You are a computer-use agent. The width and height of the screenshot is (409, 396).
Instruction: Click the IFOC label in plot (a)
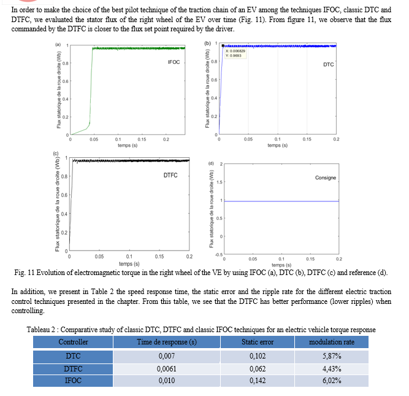[174, 63]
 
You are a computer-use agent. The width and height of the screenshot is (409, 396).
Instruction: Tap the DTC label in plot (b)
[328, 64]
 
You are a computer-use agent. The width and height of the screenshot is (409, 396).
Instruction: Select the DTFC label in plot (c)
[170, 175]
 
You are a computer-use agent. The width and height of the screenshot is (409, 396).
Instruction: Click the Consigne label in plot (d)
[325, 177]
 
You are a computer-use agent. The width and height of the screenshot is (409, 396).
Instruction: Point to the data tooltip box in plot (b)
[232, 54]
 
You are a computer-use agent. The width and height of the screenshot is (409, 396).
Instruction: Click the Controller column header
[73, 342]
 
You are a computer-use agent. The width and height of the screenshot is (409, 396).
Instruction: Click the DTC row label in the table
[73, 355]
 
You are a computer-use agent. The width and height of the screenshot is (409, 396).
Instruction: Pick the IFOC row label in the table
[73, 381]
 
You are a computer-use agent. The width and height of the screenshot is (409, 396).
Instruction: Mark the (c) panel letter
[56, 153]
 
